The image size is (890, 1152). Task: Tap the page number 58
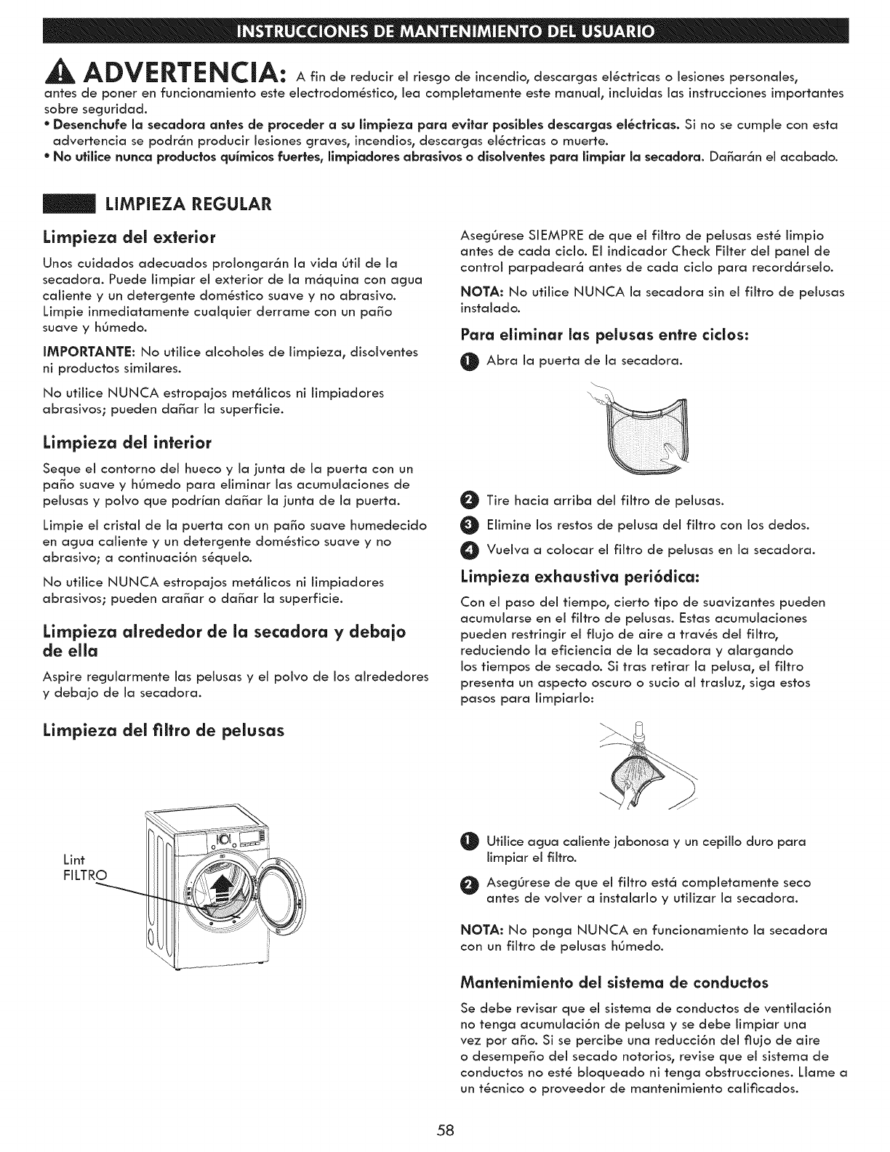tap(446, 1129)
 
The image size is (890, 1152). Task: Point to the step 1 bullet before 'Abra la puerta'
tap(469, 362)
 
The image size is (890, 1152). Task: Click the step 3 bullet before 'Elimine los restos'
tap(469, 525)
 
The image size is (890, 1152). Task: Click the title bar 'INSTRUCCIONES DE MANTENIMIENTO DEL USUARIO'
tap(445, 33)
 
